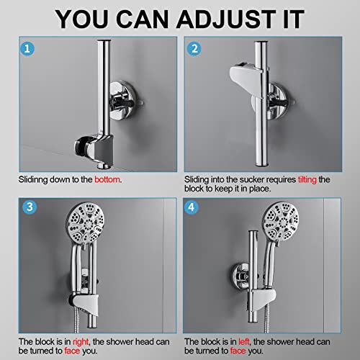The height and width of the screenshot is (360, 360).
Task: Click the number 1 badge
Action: coord(27,49)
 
